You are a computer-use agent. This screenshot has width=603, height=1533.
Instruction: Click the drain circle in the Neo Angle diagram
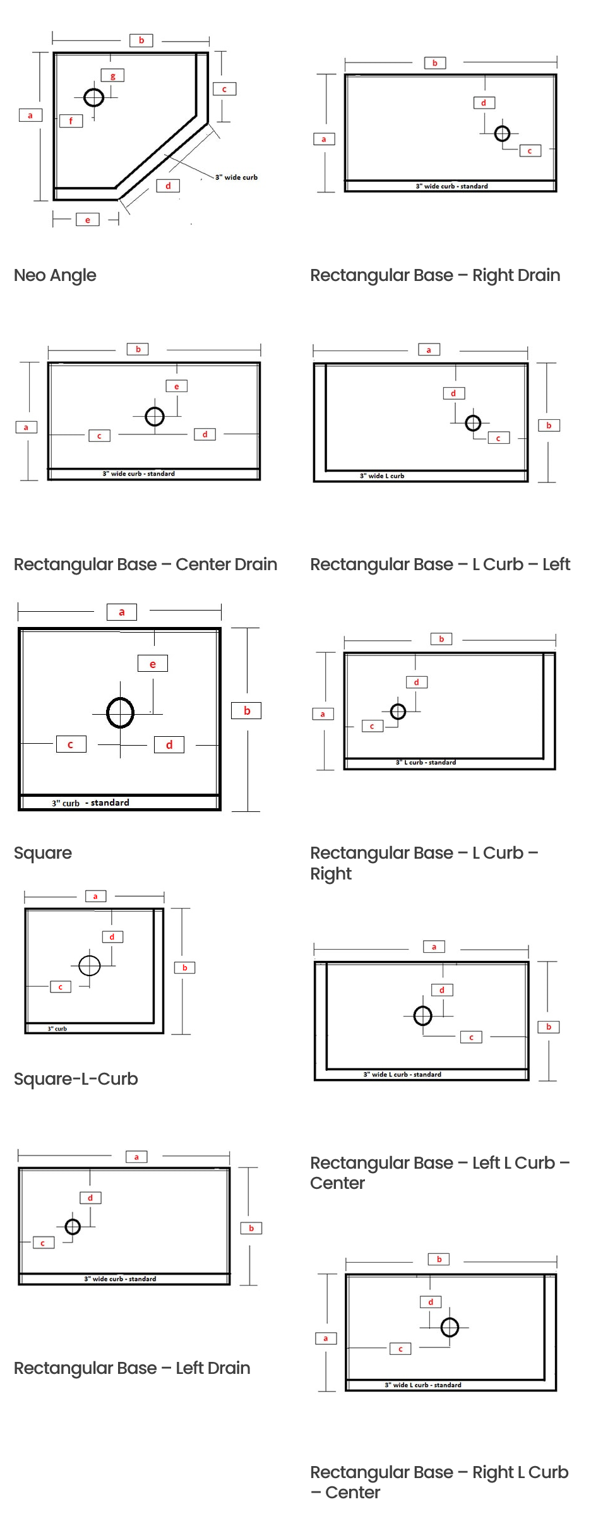click(x=94, y=98)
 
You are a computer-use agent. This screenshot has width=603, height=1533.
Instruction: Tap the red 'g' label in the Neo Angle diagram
click(x=113, y=76)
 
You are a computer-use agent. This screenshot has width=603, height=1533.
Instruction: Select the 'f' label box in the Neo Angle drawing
click(x=71, y=121)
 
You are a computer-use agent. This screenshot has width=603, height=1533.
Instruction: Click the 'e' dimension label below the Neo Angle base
click(x=88, y=220)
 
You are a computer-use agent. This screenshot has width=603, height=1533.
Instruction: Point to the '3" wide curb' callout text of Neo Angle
click(x=236, y=177)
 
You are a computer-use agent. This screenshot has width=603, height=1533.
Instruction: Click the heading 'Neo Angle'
click(x=55, y=275)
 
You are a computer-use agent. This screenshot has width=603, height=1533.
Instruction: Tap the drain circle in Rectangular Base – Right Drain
click(x=502, y=133)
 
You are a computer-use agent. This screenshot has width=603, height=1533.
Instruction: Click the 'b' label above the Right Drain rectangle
click(x=435, y=63)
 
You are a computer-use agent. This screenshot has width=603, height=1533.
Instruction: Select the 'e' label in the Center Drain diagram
click(x=177, y=386)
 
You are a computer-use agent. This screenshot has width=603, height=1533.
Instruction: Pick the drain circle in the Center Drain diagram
click(x=155, y=417)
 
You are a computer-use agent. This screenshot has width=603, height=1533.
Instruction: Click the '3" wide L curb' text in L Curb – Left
click(x=382, y=476)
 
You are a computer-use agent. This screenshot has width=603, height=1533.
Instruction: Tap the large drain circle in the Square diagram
click(x=120, y=712)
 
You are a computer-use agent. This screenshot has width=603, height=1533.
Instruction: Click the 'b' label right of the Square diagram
click(x=247, y=710)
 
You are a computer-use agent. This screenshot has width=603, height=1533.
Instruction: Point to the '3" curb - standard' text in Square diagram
click(x=90, y=802)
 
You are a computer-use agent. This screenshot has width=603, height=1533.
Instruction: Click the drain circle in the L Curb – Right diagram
click(x=398, y=712)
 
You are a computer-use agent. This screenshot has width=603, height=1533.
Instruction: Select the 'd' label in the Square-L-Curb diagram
click(x=112, y=937)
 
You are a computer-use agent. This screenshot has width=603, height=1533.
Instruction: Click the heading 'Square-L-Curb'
click(x=76, y=1079)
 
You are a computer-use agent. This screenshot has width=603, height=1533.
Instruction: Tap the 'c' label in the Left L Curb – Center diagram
click(x=471, y=1037)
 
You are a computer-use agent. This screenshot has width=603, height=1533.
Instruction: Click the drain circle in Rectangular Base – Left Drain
click(x=73, y=1226)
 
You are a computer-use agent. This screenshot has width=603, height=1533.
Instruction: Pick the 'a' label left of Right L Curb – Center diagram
click(x=326, y=1338)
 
